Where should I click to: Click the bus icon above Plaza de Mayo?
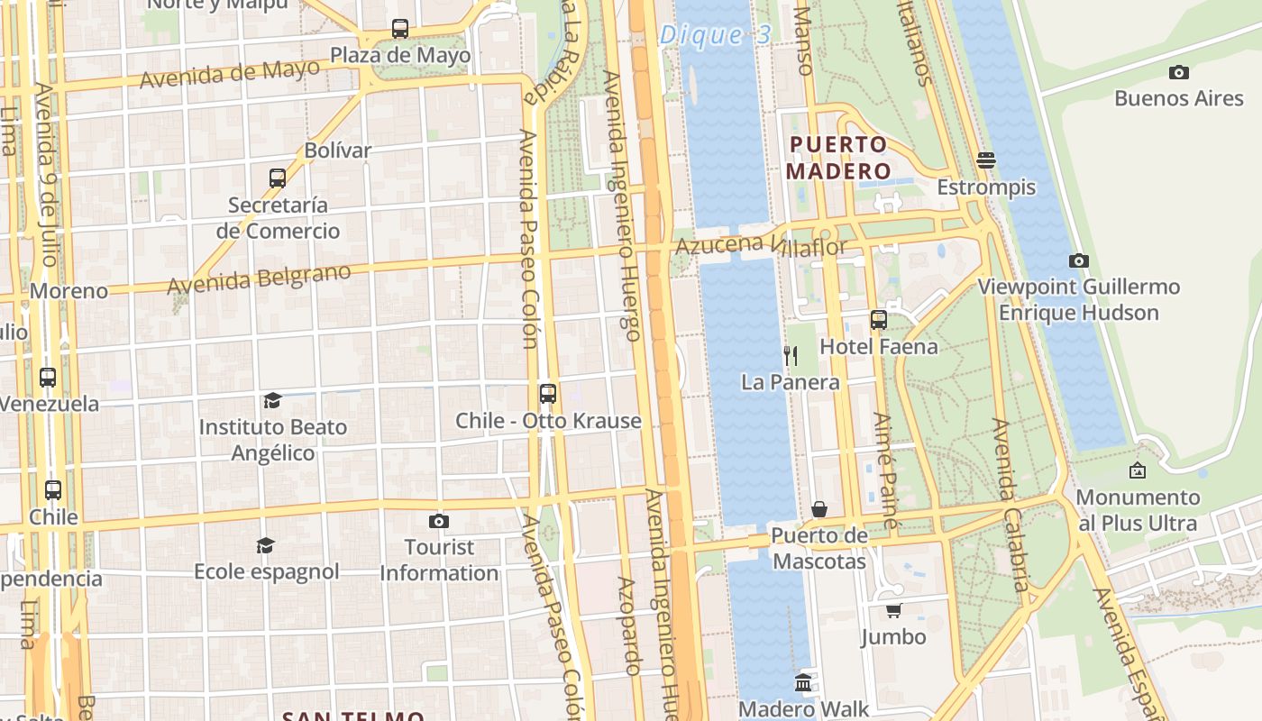(x=400, y=29)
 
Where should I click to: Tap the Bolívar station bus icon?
(x=278, y=178)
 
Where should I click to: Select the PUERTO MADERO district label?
(x=837, y=158)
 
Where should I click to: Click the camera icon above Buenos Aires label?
(x=1178, y=72)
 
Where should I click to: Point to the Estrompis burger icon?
(x=985, y=160)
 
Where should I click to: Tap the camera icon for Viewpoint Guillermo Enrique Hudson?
(x=1078, y=260)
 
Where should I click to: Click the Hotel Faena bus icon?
(x=878, y=319)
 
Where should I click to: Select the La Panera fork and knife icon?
(x=791, y=355)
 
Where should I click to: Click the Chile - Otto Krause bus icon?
(x=548, y=394)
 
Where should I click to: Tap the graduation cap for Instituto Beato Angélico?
(x=272, y=400)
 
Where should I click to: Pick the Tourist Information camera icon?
(x=439, y=521)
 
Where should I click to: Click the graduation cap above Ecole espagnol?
(x=265, y=545)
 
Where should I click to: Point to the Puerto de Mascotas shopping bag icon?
(x=819, y=509)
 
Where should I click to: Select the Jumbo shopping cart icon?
(x=893, y=610)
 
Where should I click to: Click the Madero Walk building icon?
(x=803, y=682)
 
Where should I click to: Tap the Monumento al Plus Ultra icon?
(x=1138, y=470)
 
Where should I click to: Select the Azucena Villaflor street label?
(x=761, y=244)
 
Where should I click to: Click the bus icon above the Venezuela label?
(x=48, y=377)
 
